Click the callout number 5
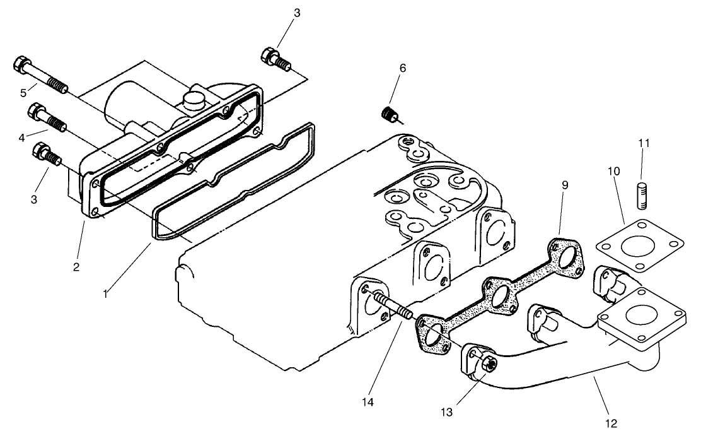point(23,93)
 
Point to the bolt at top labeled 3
point(275,59)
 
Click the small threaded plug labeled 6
point(390,114)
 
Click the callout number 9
point(565,185)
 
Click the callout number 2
point(76,267)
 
